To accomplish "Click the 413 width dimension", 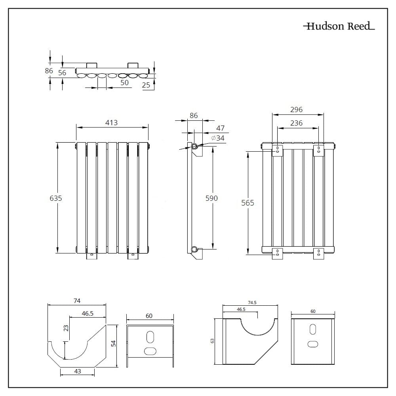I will tap(111, 123).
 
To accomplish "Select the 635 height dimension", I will tap(56, 198).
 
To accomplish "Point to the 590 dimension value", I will tap(211, 198).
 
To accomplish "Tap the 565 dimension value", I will tap(247, 203).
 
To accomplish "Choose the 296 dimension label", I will tap(296, 110).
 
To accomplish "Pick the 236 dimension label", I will tap(296, 123).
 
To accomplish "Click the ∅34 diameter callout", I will tap(218, 138).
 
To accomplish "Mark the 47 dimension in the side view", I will tap(220, 128).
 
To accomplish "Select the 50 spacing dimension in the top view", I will tap(124, 82).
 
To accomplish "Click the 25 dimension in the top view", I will tap(146, 85).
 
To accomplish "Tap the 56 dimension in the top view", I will tap(62, 73).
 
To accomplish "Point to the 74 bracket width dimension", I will tap(77, 301).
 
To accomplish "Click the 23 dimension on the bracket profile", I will tap(66, 328).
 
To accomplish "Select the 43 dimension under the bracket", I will tap(77, 371).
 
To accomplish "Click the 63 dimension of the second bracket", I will tap(212, 341).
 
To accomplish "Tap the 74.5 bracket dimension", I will tap(252, 303).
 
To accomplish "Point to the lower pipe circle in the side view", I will tap(194, 249).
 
